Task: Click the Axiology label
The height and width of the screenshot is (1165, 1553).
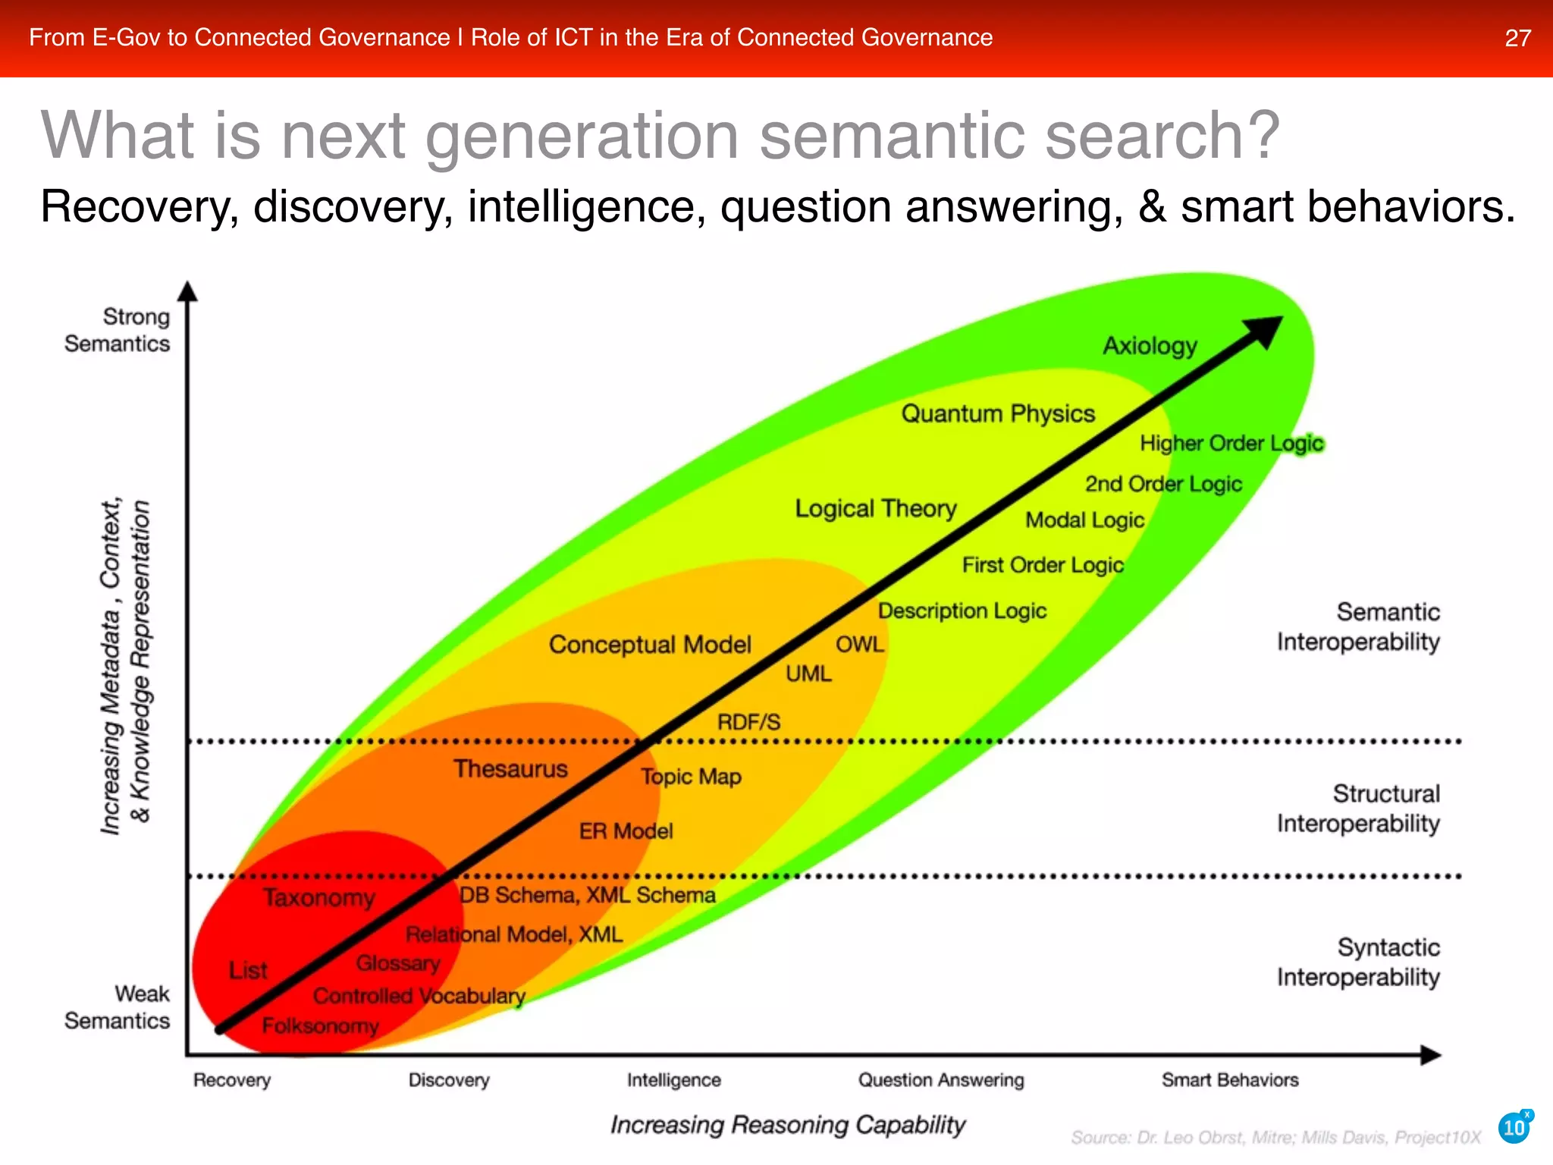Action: click(1150, 346)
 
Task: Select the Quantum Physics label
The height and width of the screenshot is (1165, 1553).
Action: click(998, 414)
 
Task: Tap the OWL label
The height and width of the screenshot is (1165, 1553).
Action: click(860, 645)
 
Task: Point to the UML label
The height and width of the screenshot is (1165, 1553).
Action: click(808, 674)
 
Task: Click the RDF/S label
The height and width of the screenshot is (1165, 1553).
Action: click(748, 722)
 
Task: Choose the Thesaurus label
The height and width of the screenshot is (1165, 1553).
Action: click(510, 769)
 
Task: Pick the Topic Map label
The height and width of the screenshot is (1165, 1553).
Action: click(691, 777)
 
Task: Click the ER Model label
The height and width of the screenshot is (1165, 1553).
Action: click(626, 831)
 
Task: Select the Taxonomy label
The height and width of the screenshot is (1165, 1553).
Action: click(319, 898)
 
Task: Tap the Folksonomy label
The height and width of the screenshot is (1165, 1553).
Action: click(320, 1026)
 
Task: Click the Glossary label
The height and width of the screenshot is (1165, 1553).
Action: click(398, 963)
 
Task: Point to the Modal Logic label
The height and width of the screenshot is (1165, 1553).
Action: click(1084, 520)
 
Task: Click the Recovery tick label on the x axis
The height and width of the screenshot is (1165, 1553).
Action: click(232, 1080)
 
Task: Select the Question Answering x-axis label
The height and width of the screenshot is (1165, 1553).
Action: click(940, 1080)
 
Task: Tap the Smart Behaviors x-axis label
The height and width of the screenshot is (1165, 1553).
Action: click(1230, 1080)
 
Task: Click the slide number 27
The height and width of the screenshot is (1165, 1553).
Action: click(1517, 38)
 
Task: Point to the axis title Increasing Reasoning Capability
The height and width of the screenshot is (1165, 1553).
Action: click(788, 1125)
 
